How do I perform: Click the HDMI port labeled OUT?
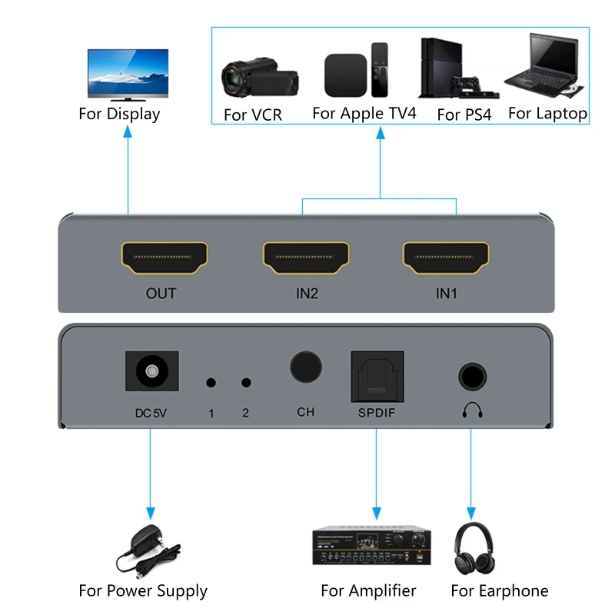coord(165,258)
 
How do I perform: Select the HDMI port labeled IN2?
coord(306,258)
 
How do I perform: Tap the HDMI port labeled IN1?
coord(447,258)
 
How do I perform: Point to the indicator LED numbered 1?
coord(211,382)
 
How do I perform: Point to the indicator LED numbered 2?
coord(246,382)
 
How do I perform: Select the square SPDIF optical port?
coord(377,376)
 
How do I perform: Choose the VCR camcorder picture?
coord(258,77)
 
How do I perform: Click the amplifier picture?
coord(371,547)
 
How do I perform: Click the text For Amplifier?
coord(368,590)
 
